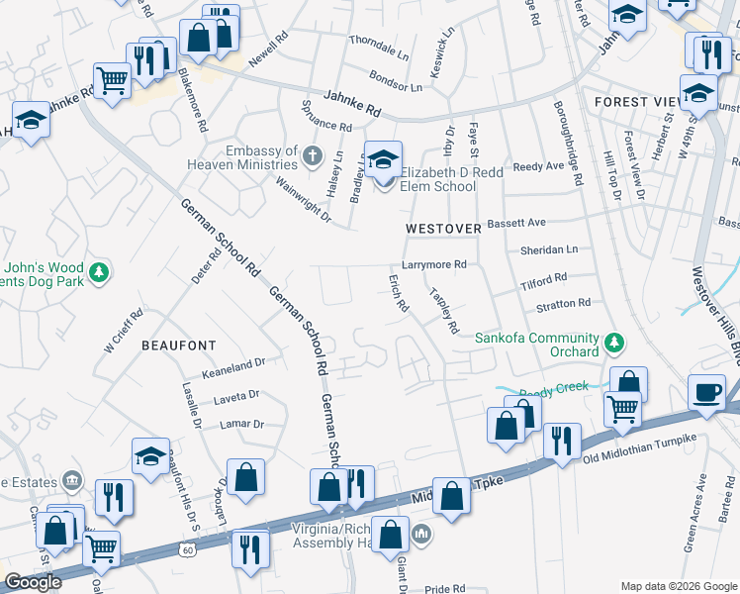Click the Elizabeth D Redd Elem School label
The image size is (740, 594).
point(437,178)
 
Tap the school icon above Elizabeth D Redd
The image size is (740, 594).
point(383,158)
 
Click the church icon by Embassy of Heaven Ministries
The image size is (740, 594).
point(313,155)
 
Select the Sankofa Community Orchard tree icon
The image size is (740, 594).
point(614,343)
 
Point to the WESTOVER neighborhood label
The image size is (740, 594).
point(443,229)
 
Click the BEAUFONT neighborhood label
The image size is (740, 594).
point(178,345)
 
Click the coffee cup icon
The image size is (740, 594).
point(706,391)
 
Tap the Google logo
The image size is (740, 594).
point(32,582)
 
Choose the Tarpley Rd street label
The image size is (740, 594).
point(443,310)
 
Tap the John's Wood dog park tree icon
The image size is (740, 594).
point(99,271)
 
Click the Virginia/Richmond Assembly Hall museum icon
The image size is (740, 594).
point(421,537)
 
